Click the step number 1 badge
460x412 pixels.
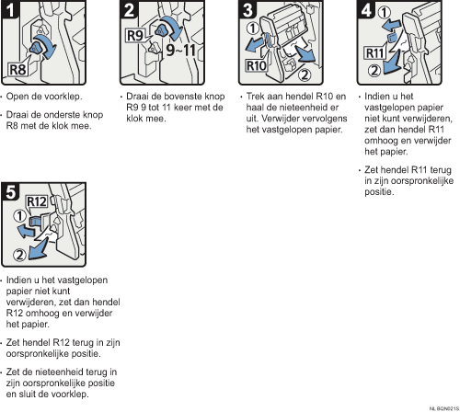(x=10, y=9)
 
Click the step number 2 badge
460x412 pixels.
(x=129, y=9)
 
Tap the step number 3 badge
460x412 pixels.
(x=247, y=9)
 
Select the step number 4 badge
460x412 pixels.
(x=366, y=9)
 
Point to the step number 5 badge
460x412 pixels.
(x=10, y=192)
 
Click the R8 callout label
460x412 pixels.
(x=17, y=70)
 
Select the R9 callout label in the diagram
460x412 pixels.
(x=135, y=36)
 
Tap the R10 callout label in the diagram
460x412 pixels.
(x=257, y=66)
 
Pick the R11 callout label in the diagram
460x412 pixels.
(x=374, y=53)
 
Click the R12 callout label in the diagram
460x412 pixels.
(x=37, y=201)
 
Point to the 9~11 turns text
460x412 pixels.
(x=180, y=50)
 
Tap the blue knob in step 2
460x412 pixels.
(x=161, y=30)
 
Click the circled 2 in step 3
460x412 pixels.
(x=305, y=74)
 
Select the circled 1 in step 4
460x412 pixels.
(x=384, y=13)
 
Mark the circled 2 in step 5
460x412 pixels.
(x=19, y=255)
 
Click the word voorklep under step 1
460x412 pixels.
(x=63, y=97)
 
